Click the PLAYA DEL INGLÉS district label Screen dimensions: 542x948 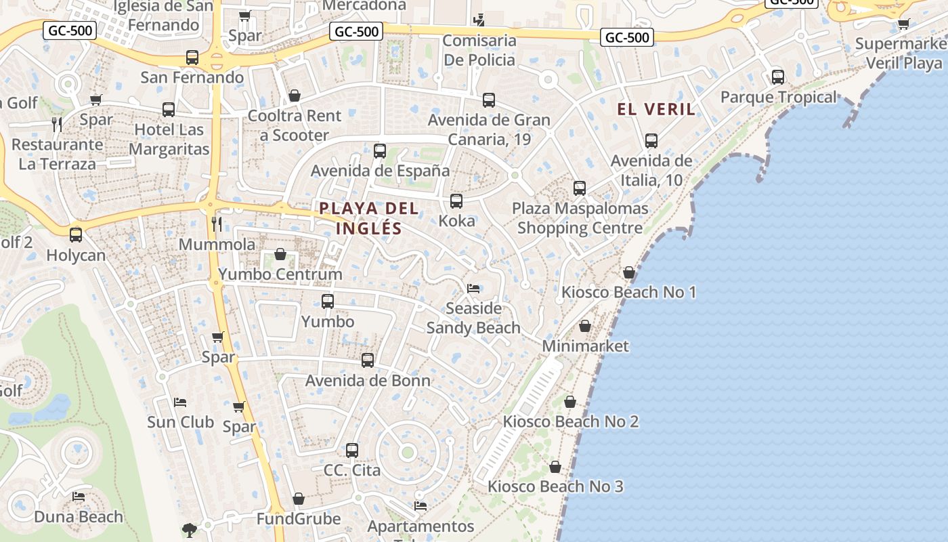point(369,218)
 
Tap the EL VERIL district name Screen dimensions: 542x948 point(656,109)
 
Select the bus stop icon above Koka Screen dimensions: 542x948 point(456,201)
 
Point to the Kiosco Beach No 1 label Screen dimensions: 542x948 point(628,292)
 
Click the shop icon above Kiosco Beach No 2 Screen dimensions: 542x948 point(570,402)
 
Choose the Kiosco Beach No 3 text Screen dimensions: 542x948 point(555,486)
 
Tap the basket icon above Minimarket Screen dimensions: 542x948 point(585,327)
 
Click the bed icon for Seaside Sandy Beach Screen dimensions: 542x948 point(473,289)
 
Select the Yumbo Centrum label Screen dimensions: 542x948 point(280,274)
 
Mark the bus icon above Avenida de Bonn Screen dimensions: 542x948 point(368,360)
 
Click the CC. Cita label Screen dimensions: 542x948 point(352,470)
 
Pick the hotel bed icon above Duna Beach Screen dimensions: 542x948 point(79,497)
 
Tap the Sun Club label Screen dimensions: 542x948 point(180,422)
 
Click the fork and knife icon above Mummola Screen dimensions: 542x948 point(217,224)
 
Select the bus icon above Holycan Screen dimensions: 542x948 point(76,235)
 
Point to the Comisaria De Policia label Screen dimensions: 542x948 point(479,50)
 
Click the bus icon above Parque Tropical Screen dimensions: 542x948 point(778,77)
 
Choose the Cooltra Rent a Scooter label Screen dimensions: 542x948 point(295,125)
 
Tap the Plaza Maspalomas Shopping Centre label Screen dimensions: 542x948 point(580,218)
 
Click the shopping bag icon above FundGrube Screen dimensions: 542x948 point(299,499)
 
